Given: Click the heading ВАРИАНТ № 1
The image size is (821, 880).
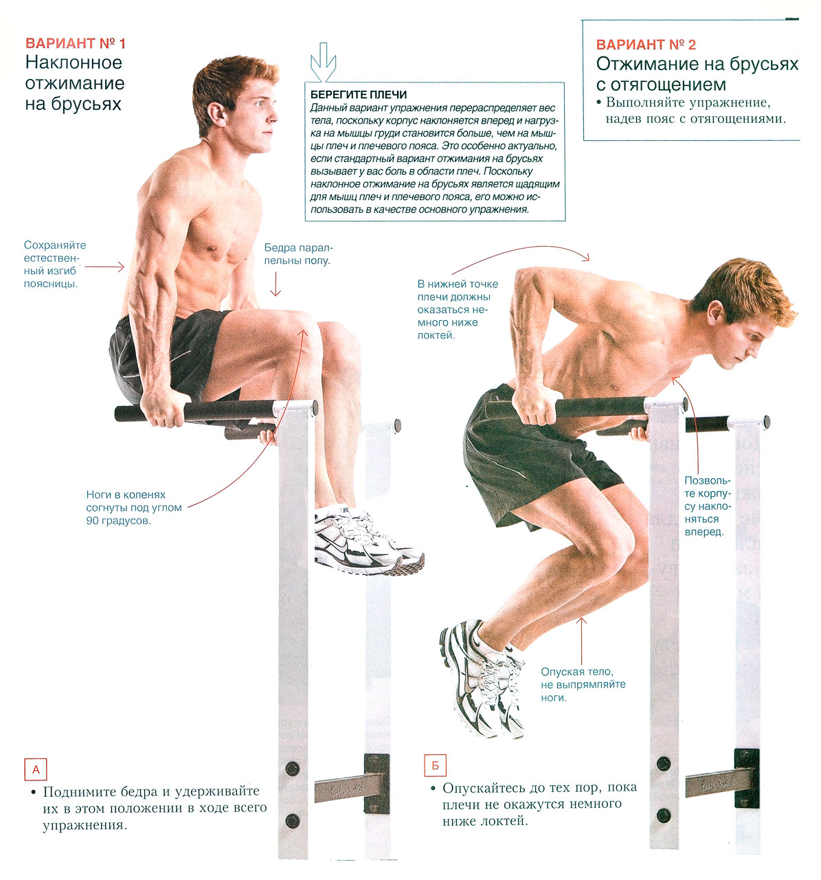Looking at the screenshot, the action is click(76, 43).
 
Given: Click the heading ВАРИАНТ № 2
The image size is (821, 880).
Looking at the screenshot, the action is click(645, 45).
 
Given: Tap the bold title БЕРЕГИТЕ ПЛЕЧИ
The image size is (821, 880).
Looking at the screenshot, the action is click(358, 94).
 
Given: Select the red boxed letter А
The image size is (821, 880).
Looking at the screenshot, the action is click(36, 769).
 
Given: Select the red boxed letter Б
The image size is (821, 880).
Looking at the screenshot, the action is click(435, 765).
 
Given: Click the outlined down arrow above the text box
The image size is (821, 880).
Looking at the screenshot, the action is click(323, 62).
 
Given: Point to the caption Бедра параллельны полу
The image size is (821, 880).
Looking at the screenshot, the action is click(298, 254).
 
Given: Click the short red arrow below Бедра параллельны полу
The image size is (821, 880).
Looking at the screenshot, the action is click(275, 284).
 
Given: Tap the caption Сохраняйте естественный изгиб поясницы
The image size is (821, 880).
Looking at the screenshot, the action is click(54, 264).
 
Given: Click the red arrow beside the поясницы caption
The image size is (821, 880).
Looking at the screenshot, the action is click(104, 267).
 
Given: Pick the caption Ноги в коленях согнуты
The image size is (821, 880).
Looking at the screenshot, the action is click(134, 508).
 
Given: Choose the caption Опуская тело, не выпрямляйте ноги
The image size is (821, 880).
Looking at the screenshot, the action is click(583, 685).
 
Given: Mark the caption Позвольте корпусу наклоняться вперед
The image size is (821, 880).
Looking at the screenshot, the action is click(707, 506).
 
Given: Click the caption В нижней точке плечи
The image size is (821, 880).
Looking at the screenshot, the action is click(458, 309).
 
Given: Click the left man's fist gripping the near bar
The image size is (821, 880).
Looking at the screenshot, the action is click(163, 407).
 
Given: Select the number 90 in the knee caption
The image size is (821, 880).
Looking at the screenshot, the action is click(92, 521).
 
